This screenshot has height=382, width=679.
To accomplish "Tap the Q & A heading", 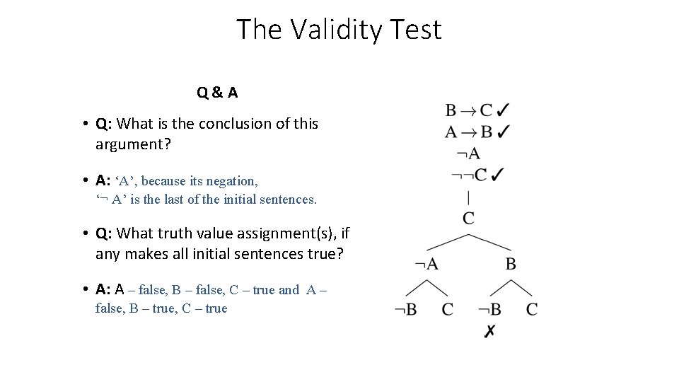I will click(217, 92).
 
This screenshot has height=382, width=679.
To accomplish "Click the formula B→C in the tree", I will click(468, 110).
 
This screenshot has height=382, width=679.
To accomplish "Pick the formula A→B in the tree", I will click(468, 132).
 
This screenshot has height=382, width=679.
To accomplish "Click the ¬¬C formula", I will click(468, 174).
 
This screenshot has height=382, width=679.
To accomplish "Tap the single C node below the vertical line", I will click(468, 218).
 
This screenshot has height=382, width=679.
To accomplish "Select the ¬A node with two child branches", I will click(426, 264).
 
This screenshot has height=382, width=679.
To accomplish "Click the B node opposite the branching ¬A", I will click(511, 264).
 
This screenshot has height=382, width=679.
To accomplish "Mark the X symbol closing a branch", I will click(489, 331).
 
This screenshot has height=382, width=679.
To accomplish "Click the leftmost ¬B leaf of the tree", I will click(405, 310).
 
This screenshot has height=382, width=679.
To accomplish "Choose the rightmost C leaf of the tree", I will click(532, 309).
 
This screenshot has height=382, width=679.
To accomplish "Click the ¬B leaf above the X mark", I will click(489, 310).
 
